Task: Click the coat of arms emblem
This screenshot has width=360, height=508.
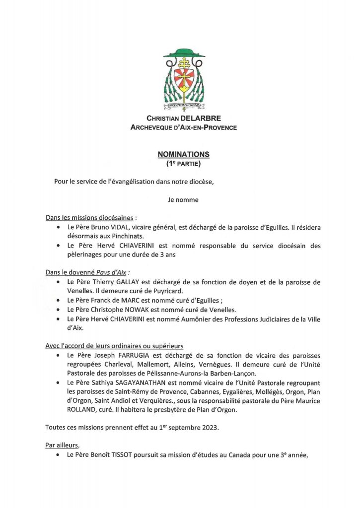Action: click(x=184, y=80)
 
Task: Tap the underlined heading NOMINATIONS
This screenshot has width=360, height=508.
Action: click(x=184, y=154)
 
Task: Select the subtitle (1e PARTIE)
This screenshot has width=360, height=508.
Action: click(x=184, y=163)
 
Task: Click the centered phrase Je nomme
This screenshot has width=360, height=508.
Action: click(x=183, y=200)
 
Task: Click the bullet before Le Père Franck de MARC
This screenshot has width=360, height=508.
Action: click(x=59, y=300)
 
